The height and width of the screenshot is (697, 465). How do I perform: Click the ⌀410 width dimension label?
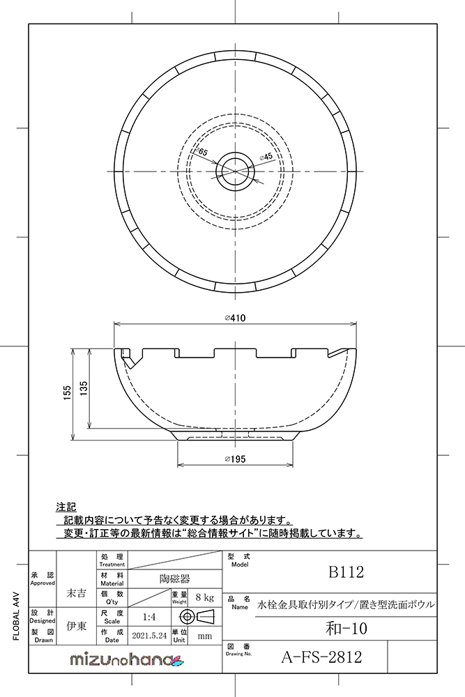click(234, 318)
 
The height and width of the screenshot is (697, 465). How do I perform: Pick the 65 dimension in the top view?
click(203, 152)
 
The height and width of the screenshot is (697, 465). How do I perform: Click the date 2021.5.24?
click(148, 636)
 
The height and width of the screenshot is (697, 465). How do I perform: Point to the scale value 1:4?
click(148, 617)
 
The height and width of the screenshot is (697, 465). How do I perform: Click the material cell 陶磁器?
click(169, 578)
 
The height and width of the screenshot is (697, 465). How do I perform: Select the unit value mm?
click(204, 636)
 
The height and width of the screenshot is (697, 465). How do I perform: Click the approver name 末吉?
click(75, 593)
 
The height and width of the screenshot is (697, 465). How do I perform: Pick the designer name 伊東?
click(75, 626)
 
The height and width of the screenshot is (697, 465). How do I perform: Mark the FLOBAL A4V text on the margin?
click(16, 613)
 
